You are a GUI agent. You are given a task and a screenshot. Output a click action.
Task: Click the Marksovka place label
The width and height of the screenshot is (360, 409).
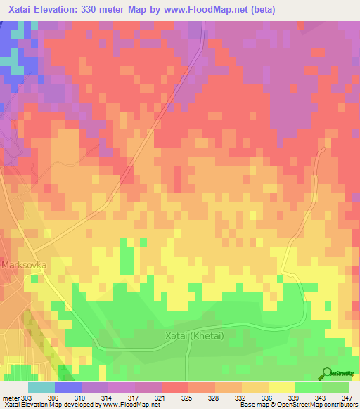24,265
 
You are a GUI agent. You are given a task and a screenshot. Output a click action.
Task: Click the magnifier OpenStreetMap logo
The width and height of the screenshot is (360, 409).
328,374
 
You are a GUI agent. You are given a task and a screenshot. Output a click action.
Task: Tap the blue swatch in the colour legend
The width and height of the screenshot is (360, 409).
68,387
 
